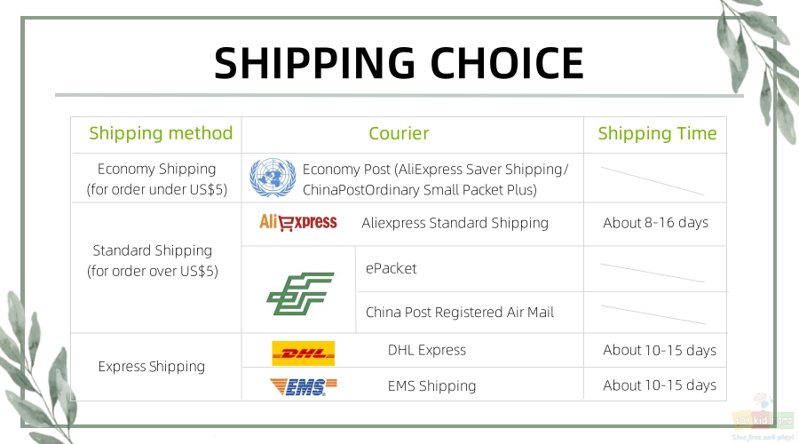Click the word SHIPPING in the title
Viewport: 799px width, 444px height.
pyautogui.click(x=314, y=63)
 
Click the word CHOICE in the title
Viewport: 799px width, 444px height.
pyautogui.click(x=507, y=63)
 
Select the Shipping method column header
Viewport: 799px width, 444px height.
pyautogui.click(x=161, y=133)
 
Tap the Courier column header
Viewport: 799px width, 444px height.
pyautogui.click(x=399, y=133)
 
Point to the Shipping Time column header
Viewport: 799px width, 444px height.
pyautogui.click(x=657, y=133)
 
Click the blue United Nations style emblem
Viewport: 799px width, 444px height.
pyautogui.click(x=273, y=178)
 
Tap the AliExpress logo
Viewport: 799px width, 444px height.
pyautogui.click(x=298, y=222)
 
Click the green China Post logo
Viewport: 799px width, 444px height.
pyautogui.click(x=300, y=294)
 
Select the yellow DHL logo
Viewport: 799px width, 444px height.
pyautogui.click(x=304, y=353)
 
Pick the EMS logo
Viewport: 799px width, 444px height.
pyautogui.click(x=304, y=387)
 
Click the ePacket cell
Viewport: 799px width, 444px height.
pyautogui.click(x=391, y=269)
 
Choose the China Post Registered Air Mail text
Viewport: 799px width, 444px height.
pyautogui.click(x=460, y=312)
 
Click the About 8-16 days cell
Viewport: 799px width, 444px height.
pyautogui.click(x=656, y=223)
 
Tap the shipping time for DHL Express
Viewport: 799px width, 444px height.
pyautogui.click(x=660, y=350)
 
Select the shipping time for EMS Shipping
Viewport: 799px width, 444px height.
pyautogui.click(x=660, y=385)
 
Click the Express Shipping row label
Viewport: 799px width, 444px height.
pyautogui.click(x=151, y=367)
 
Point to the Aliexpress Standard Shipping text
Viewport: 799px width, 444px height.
pyautogui.click(x=455, y=223)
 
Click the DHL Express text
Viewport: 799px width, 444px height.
pyautogui.click(x=427, y=350)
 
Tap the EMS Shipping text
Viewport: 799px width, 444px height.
pyautogui.click(x=431, y=386)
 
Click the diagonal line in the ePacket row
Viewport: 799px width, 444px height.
pyautogui.click(x=653, y=273)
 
